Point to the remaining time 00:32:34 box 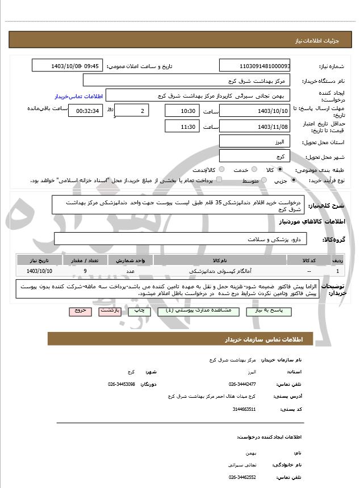point(86,111)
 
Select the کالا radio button point(280,170)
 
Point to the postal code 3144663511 point(245,409)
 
